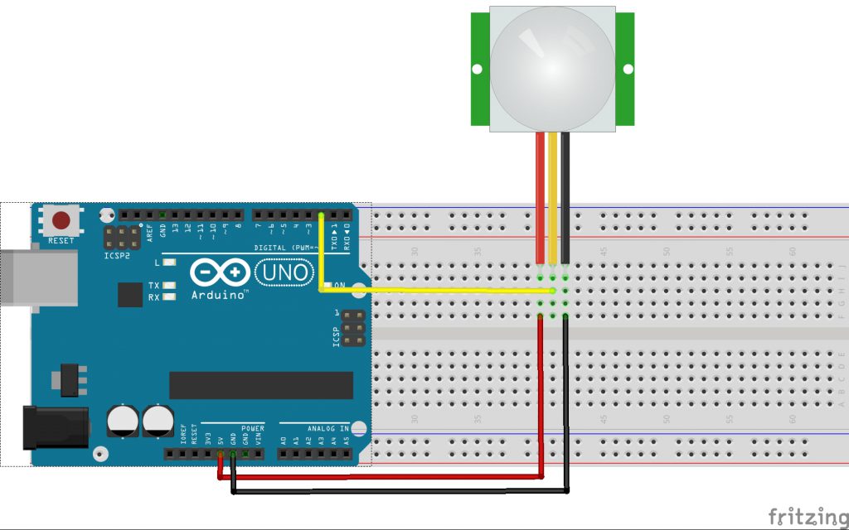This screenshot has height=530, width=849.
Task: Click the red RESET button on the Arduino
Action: (x=61, y=221)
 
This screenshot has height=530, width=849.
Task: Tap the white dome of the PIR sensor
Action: (x=552, y=67)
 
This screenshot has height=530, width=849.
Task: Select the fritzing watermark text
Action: (x=807, y=517)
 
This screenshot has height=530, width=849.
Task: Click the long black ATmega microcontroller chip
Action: (x=261, y=385)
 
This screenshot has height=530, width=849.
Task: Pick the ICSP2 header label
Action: (x=119, y=256)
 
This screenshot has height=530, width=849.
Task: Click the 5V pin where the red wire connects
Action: (x=221, y=454)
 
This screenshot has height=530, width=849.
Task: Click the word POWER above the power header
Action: (x=252, y=429)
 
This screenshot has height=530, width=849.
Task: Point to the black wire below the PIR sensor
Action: (x=565, y=199)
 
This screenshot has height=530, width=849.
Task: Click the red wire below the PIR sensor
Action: (x=541, y=199)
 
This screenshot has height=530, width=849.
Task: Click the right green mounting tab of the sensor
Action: (x=625, y=68)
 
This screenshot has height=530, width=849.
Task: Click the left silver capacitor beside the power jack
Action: (x=123, y=420)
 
